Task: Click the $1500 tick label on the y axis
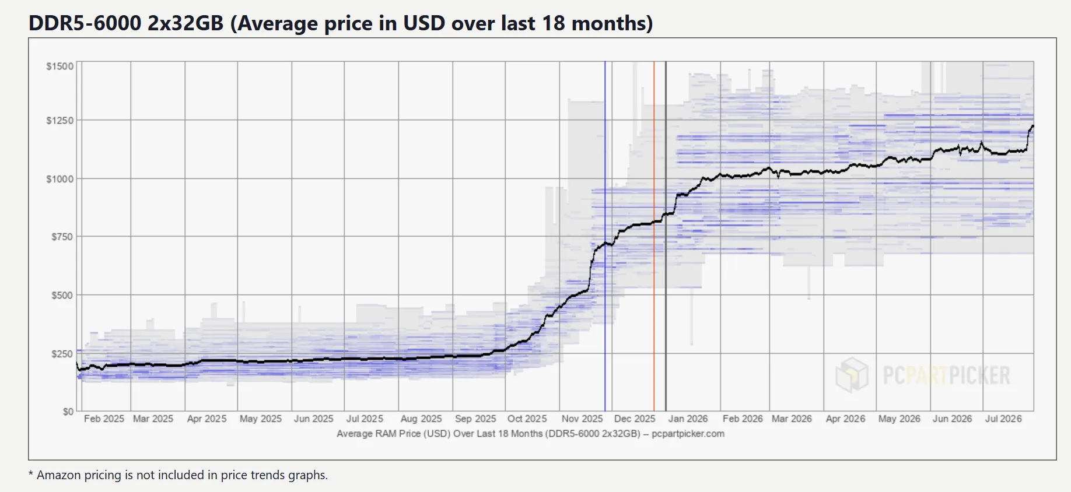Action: pos(60,66)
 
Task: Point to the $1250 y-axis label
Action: pos(60,121)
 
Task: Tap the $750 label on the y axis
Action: pos(62,237)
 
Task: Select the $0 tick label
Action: pos(68,412)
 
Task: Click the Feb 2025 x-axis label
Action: pos(104,419)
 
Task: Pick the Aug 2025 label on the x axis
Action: pos(421,419)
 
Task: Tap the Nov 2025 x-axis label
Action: pos(582,419)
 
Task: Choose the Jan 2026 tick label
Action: pos(688,419)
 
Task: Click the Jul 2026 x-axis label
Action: pos(1003,419)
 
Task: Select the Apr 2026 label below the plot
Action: pos(845,419)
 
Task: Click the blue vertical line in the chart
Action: pos(605,236)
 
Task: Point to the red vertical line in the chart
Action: pos(654,236)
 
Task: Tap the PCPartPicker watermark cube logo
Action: pos(852,375)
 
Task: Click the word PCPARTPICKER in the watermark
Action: pos(946,375)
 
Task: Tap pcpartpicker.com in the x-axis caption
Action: pos(688,434)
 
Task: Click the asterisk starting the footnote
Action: pos(31,473)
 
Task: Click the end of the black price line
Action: pos(1033,126)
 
